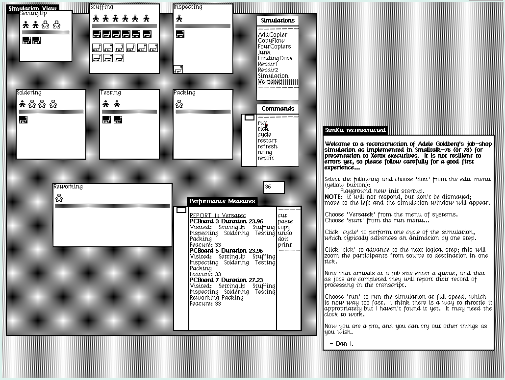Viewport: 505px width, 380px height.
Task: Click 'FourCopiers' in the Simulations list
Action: pos(274,47)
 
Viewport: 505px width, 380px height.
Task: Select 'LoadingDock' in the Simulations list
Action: pos(275,58)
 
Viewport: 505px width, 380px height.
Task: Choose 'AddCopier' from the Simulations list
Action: pos(273,35)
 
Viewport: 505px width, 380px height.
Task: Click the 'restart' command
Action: pos(267,141)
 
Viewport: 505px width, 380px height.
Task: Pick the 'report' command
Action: pos(266,158)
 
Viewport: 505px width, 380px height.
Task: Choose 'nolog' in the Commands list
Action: pos(265,152)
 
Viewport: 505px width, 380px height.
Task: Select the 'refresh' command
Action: pos(267,146)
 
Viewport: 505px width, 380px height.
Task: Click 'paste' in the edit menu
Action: pos(285,221)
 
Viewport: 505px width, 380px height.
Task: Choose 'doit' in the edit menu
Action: pos(283,239)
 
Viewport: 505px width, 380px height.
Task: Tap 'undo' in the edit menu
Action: pos(284,233)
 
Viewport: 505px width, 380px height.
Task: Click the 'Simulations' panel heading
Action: pos(278,21)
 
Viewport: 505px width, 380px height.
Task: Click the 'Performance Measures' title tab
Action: pos(223,201)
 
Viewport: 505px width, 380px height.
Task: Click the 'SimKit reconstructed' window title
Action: pos(355,130)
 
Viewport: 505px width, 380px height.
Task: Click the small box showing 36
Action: pos(274,187)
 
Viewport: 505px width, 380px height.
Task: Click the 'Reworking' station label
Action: pos(68,187)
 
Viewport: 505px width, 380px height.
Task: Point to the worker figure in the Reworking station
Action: pos(59,197)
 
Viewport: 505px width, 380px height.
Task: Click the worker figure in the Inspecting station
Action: pos(179,18)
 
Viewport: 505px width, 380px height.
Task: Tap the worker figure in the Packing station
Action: pos(179,104)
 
